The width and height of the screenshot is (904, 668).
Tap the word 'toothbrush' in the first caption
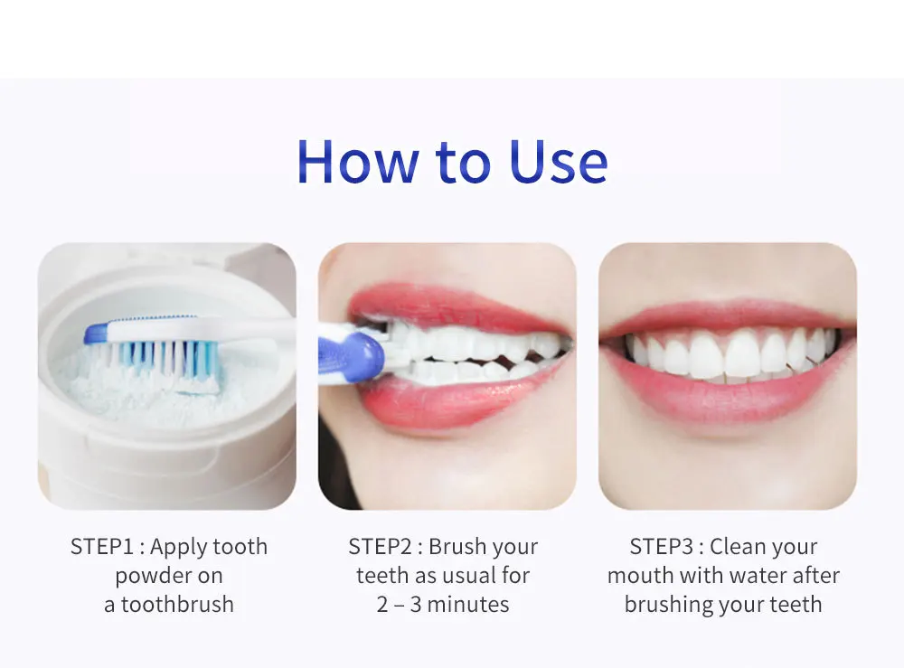(x=178, y=605)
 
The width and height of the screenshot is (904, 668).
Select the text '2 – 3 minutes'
(x=443, y=605)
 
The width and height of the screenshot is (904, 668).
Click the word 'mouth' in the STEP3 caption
(x=639, y=576)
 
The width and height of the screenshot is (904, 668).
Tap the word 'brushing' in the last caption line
(x=667, y=605)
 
